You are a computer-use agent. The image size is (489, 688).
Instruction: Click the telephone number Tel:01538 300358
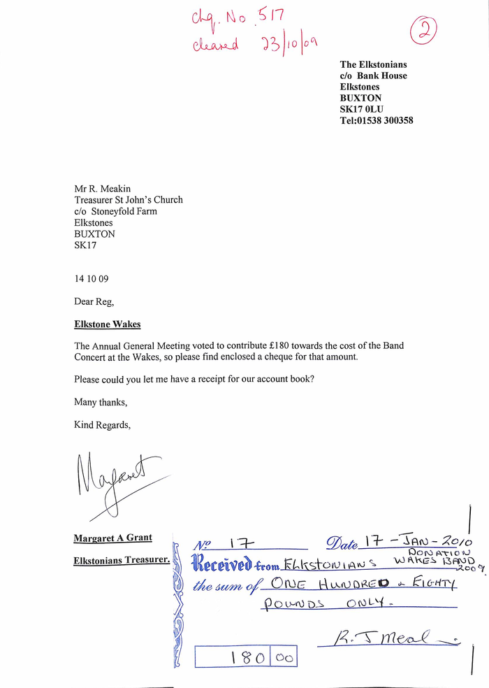(x=377, y=120)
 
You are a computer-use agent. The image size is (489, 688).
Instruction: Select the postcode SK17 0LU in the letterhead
(x=362, y=109)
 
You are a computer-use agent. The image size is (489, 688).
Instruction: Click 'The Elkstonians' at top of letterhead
(x=373, y=64)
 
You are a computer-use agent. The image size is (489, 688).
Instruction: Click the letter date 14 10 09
(x=92, y=278)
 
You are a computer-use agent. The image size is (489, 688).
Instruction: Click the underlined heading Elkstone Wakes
(x=108, y=324)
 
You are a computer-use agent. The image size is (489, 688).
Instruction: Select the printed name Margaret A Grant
(x=113, y=538)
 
